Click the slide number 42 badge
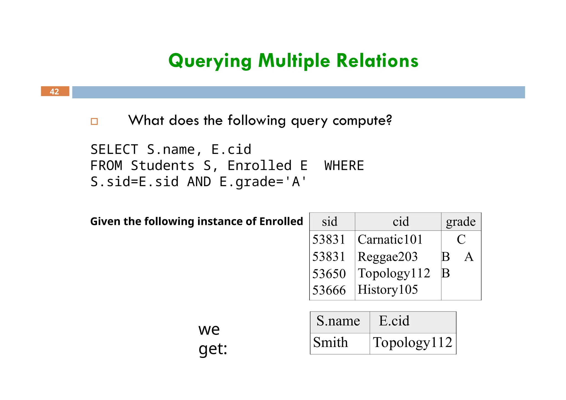coord(55,91)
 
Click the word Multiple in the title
coord(294,61)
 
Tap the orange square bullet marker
coord(94,122)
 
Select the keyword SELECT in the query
coord(114,150)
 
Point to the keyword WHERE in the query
coord(344,166)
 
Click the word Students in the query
coord(163,166)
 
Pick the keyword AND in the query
coord(199,182)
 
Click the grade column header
coord(461,222)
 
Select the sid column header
coord(329,222)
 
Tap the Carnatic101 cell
coord(390,240)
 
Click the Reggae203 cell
coord(387,257)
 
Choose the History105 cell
coord(387,290)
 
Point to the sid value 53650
coord(329,274)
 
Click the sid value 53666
coord(329,290)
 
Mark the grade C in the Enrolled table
coord(461,240)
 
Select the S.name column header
coord(338,321)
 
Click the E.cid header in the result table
coord(394,321)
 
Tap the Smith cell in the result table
coord(330,343)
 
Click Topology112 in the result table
coord(412,343)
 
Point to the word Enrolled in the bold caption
coord(281,222)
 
